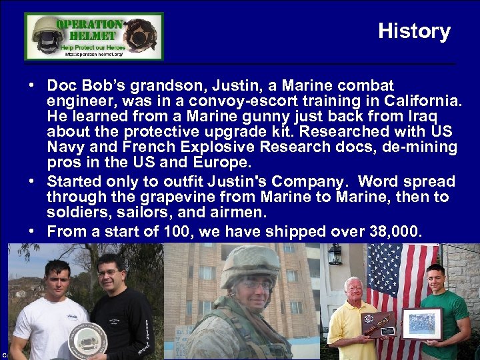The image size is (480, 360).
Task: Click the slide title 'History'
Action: (x=414, y=31)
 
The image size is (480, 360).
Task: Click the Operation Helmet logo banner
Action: (x=94, y=36)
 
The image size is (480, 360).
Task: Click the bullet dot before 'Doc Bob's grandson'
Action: (x=32, y=87)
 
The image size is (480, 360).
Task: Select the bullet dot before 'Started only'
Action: (x=32, y=182)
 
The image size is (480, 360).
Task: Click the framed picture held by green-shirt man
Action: (x=421, y=323)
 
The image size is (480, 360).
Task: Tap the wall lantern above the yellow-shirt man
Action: (x=335, y=254)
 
